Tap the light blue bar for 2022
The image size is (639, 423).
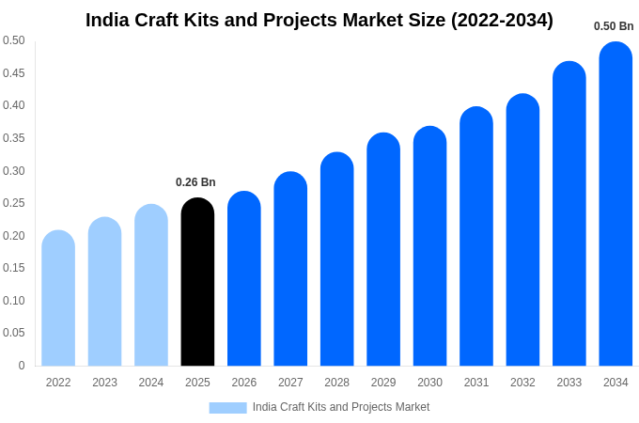[58, 298]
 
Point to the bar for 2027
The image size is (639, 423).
[290, 269]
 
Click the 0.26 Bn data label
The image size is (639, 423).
[195, 182]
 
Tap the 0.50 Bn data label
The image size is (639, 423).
[614, 26]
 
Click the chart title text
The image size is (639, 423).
[319, 20]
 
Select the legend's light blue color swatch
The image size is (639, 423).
[227, 407]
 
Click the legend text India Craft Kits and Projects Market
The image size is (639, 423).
[340, 407]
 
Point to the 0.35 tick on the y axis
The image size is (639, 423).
[14, 138]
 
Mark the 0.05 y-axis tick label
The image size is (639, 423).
[14, 333]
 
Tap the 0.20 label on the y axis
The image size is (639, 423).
[14, 236]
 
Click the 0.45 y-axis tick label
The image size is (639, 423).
[14, 73]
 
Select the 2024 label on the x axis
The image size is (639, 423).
[151, 383]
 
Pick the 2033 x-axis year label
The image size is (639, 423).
[569, 383]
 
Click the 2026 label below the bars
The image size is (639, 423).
[244, 383]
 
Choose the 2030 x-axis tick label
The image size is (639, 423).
[429, 383]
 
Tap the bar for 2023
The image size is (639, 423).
[104, 291]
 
